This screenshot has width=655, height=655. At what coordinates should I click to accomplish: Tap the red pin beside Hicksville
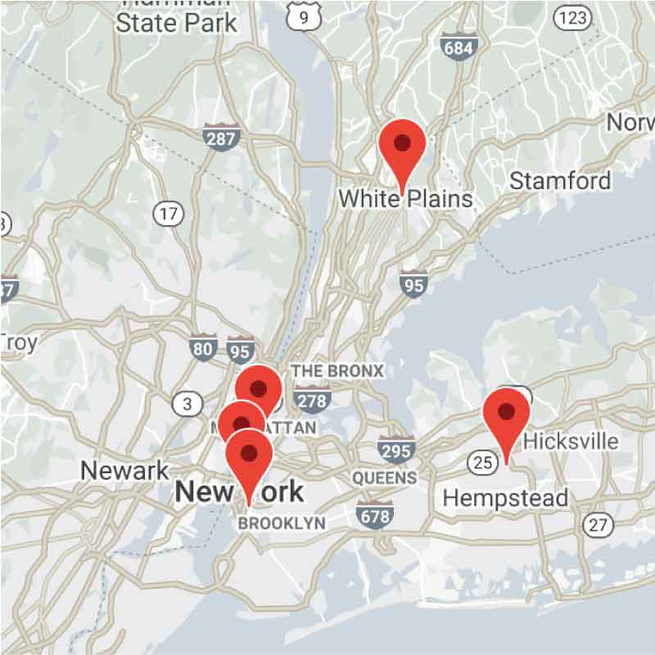[x=507, y=414]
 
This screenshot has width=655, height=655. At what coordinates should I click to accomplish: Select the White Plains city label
[x=405, y=198]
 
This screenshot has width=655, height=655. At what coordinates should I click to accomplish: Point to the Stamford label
[x=560, y=180]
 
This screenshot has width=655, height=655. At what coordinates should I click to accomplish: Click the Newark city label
[x=124, y=471]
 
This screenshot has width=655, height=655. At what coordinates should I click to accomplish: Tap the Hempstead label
[x=504, y=498]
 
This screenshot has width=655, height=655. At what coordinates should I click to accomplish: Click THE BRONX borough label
[x=337, y=371]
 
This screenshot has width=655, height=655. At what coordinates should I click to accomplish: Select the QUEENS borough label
[x=384, y=477]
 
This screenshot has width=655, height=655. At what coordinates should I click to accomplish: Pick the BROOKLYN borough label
[x=282, y=523]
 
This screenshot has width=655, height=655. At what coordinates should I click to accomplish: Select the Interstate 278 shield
[x=310, y=399]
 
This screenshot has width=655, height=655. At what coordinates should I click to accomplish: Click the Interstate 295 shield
[x=395, y=449]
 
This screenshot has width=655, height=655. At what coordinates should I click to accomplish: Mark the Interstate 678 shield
[x=373, y=514]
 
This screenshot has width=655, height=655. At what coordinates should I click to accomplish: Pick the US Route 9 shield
[x=304, y=16]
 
